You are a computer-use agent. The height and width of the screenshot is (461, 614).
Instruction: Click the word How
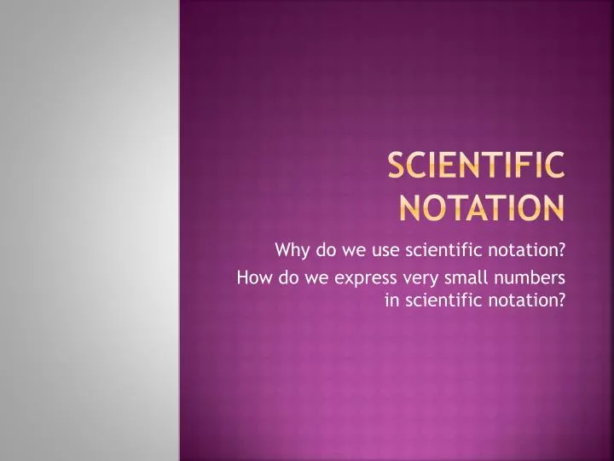[251, 277]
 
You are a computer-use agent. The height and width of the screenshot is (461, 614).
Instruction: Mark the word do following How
[278, 277]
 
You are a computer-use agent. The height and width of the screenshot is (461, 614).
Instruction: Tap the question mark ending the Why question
[565, 250]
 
